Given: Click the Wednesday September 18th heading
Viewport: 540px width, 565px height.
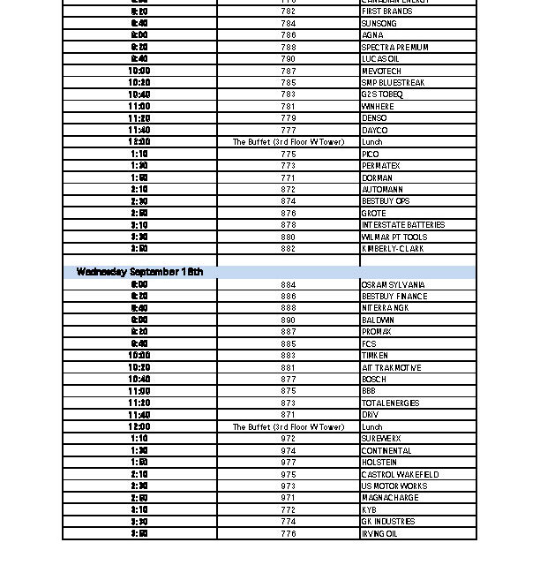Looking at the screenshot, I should pos(139,272).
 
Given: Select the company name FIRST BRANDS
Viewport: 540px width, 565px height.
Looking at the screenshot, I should pos(386,11).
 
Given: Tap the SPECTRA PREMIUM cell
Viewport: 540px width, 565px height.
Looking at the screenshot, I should pos(394,48).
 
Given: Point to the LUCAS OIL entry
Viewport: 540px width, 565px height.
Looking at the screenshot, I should pos(380,59).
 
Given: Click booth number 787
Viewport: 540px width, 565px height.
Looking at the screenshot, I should pos(288,72).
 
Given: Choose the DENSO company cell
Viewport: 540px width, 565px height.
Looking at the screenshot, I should pos(374,118).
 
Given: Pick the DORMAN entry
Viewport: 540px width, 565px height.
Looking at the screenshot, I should pos(377,178).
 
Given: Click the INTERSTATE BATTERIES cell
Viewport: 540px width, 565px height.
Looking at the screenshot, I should pos(403,225).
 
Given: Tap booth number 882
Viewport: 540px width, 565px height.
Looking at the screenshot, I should pos(288,249).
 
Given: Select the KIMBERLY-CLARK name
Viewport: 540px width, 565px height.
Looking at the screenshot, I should pos(392,249).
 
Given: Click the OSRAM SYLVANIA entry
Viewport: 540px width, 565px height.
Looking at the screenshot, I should pos(393,285).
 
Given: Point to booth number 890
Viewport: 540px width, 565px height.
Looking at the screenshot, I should pos(288,320).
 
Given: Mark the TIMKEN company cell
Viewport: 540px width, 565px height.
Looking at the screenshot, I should pos(374,356).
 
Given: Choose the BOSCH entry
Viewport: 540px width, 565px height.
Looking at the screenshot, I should pos(373,380).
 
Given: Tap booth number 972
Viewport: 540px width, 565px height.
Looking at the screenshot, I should pos(288,439).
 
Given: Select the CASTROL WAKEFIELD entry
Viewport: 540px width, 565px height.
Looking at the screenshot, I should pos(400,475).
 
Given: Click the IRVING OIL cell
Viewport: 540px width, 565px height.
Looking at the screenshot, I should pos(379,534).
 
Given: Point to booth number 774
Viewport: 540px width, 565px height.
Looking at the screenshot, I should pos(288,522).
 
